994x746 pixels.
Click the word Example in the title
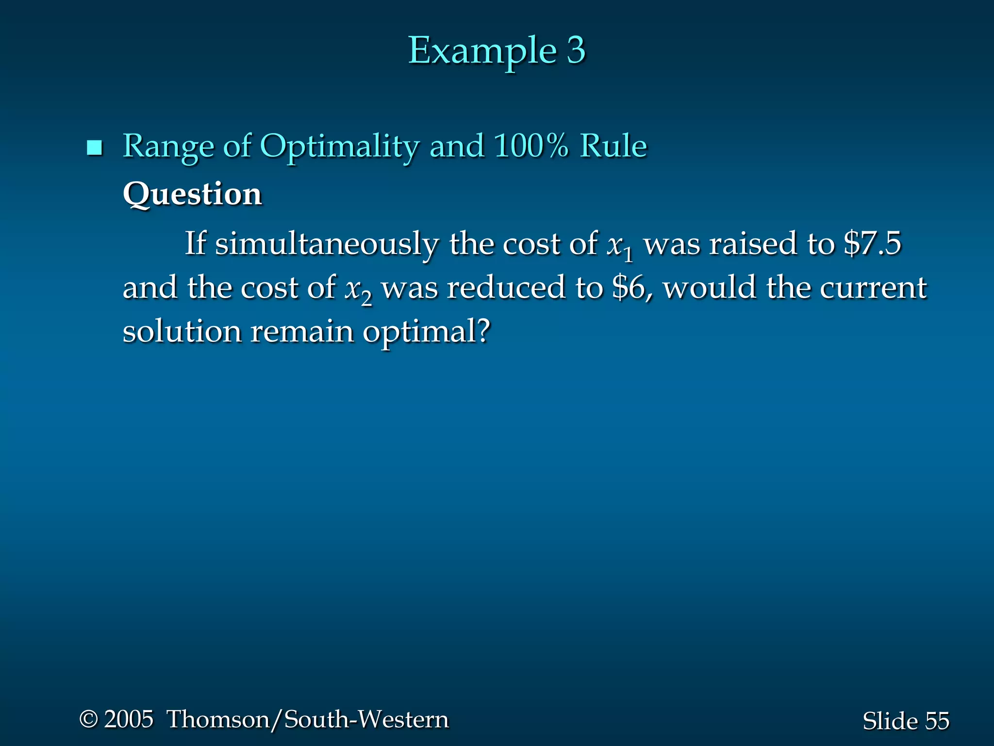tap(481, 51)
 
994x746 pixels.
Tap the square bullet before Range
tap(94, 148)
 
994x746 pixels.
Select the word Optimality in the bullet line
tap(339, 147)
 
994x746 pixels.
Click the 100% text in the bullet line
tap(530, 146)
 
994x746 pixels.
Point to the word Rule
tap(613, 146)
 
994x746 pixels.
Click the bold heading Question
tap(192, 194)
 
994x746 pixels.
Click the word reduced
tap(506, 288)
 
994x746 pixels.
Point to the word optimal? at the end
tap(427, 333)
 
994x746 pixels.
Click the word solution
tap(182, 332)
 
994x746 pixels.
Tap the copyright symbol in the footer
tap(88, 719)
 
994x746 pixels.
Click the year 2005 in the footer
tap(129, 719)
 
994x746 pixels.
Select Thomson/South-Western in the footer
tap(308, 719)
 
